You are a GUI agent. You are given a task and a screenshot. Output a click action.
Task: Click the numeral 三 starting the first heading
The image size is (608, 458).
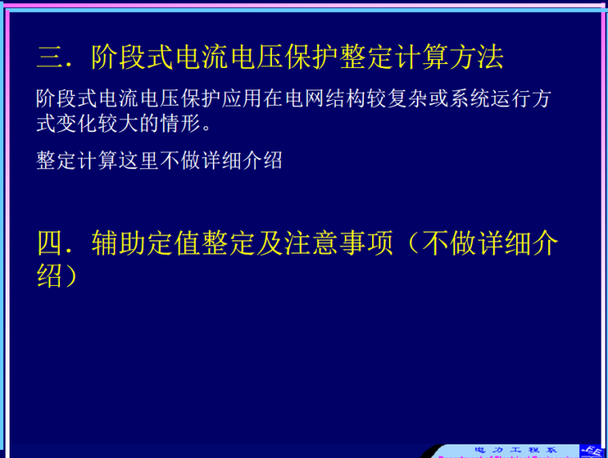coord(49,57)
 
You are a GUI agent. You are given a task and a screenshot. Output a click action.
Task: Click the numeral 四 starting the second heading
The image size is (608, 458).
coord(49,243)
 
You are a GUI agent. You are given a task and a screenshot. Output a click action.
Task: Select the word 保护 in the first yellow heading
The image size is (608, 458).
coord(313,57)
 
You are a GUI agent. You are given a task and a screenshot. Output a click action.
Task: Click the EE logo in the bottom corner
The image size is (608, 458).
coord(593,450)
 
